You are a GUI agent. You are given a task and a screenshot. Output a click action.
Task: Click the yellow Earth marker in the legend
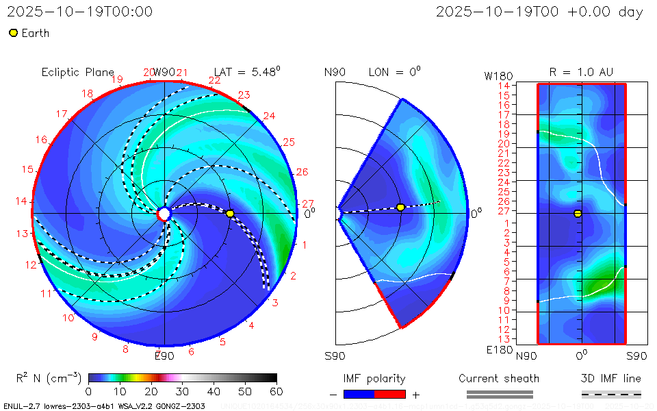pos(13,33)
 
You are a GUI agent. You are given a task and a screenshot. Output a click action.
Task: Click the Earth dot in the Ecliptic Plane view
pos(230,214)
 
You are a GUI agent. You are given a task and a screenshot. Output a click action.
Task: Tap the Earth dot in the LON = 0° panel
pos(400,208)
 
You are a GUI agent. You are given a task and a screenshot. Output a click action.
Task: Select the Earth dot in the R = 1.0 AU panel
pos(578,214)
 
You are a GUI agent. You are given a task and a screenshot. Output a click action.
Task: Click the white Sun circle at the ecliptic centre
pos(164,214)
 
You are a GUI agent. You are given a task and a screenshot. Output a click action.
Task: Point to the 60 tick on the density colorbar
pos(276,391)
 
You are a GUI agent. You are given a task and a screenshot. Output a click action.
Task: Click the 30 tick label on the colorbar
pos(182,391)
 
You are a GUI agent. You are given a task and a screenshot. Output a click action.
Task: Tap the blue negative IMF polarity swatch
pos(359,394)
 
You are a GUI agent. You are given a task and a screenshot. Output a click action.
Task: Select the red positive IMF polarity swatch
pos(390,394)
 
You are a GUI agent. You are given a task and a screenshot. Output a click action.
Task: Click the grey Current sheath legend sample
pos(499,394)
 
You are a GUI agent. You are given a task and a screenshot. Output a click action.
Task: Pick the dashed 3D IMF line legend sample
pos(611,394)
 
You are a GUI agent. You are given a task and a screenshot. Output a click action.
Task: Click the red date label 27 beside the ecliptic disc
pos(307,204)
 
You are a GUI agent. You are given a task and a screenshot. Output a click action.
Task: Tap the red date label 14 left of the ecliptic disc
pos(21,201)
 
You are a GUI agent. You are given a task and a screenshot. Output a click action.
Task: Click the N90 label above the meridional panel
pos(335,72)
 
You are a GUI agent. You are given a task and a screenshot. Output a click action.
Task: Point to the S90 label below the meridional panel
pos(335,356)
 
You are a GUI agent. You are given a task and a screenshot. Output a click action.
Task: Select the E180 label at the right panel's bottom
pos(498,350)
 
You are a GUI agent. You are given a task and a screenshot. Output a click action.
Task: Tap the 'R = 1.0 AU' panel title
pos(581,72)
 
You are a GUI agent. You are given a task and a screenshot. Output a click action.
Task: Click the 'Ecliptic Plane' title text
pos(77,72)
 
